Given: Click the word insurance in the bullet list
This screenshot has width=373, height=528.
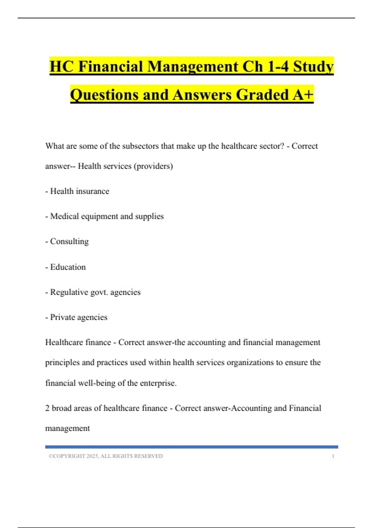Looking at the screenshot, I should (x=93, y=191).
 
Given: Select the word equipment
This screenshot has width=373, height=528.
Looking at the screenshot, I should (x=99, y=216).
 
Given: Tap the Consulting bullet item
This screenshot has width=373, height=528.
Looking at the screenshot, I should (x=69, y=242).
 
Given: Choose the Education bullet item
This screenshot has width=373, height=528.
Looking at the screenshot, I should (x=68, y=267).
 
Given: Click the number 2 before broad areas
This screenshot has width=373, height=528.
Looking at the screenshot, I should (x=47, y=408).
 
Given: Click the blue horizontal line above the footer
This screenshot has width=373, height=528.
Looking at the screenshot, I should (x=191, y=447).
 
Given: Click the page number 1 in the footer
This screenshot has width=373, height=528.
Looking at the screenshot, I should (x=333, y=456).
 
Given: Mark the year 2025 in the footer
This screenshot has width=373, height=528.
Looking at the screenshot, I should (x=92, y=456).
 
